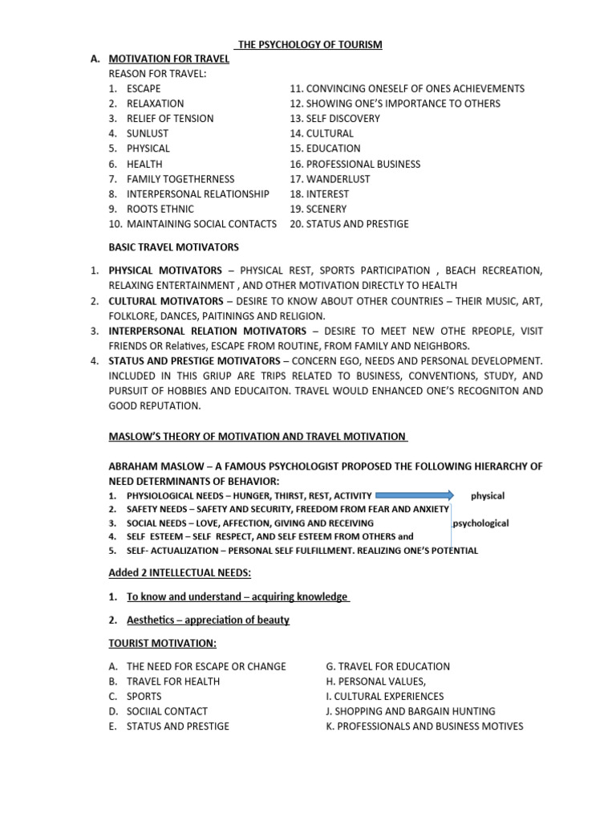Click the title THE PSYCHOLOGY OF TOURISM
coord(310,44)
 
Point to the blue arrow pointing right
coord(415,496)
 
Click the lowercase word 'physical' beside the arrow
coord(488,496)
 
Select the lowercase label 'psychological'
coord(481,523)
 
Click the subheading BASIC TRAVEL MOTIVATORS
coord(173,247)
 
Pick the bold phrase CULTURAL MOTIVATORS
coord(166,300)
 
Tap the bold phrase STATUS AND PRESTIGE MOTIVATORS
coord(194,360)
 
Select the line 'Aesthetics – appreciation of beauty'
coord(208,620)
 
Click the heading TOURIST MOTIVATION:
coord(162,643)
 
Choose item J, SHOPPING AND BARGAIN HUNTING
coord(411,711)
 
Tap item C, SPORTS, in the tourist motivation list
coord(144,696)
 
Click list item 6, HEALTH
coord(144,164)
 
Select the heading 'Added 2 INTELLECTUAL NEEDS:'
coord(180,573)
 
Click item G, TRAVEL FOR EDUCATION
coord(387,666)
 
